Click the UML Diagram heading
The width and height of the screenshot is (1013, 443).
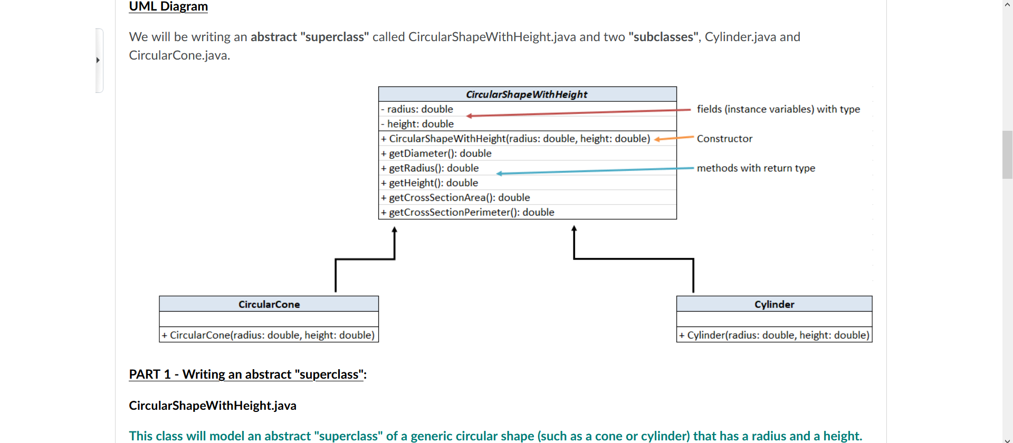pos(168,6)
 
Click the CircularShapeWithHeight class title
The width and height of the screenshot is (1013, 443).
pos(527,94)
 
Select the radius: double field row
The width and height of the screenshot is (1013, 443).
pos(420,109)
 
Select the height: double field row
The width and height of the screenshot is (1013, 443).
pos(420,124)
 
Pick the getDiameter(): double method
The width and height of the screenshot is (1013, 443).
pos(440,153)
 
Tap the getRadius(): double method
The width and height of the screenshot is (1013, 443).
pos(434,168)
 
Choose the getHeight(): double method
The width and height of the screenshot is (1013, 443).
pos(433,183)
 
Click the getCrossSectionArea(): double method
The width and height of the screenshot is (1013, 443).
pos(459,198)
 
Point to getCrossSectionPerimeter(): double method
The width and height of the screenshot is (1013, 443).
pos(471,212)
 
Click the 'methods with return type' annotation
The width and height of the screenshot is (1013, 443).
pos(756,168)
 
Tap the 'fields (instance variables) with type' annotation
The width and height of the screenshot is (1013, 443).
pos(778,109)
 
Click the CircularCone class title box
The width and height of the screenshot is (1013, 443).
pos(269,304)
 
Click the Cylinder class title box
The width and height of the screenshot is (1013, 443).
pos(774,304)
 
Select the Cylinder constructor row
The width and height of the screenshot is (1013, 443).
pos(774,335)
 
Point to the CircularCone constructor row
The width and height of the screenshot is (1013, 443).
pos(269,335)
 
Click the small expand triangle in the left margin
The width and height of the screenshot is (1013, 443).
pos(98,60)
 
